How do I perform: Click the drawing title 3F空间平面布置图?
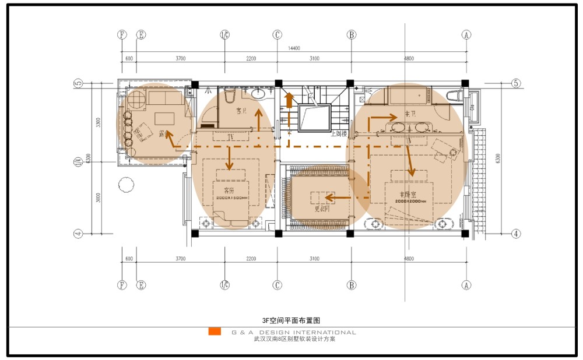tap(291, 320)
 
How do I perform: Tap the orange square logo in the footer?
tap(215, 331)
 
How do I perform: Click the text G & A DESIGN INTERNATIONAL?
tap(293, 333)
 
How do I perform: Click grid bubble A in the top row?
tap(466, 34)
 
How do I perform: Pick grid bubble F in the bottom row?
tap(121, 285)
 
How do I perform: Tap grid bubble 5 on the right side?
tap(515, 83)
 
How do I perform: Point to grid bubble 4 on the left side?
tap(78, 234)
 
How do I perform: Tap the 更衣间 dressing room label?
tap(322, 208)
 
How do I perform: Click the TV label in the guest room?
tap(230, 137)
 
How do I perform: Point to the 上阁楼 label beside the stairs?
tap(339, 133)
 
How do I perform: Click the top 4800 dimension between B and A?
tap(409, 58)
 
